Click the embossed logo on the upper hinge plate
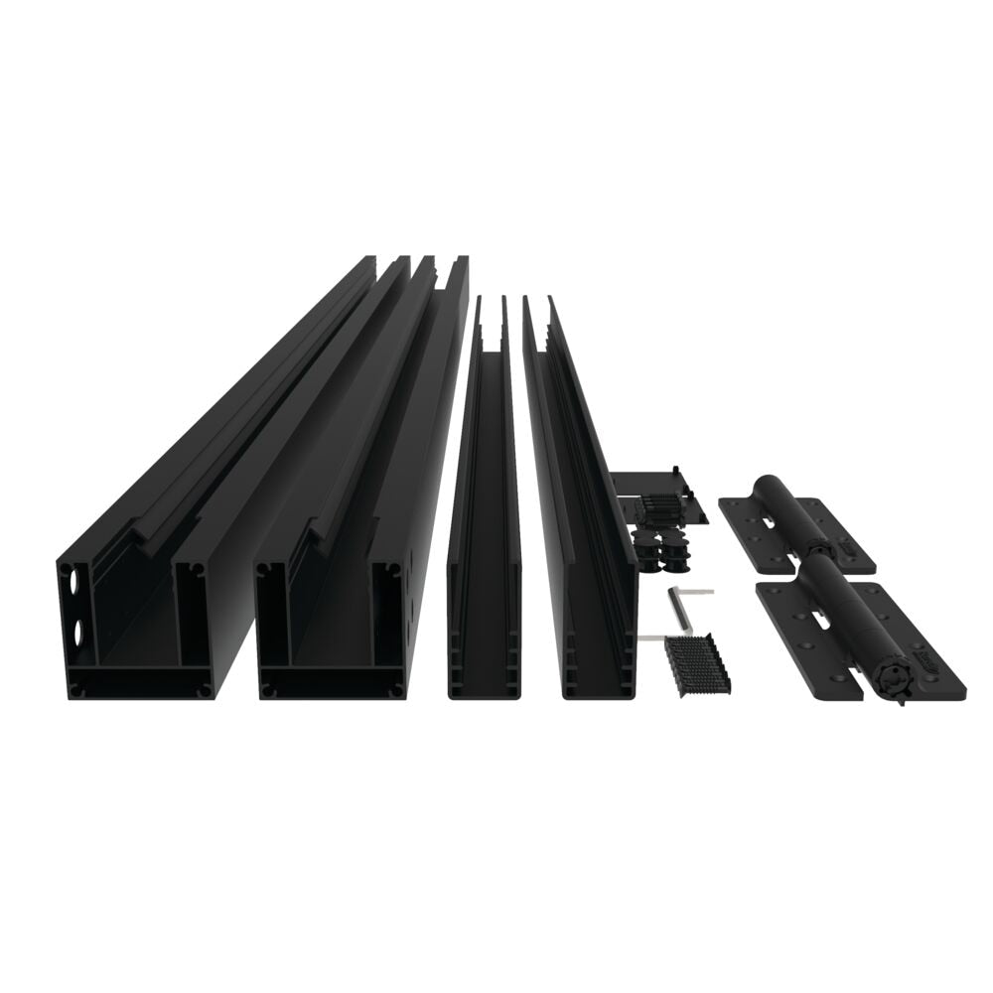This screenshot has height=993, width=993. click(850, 543)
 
